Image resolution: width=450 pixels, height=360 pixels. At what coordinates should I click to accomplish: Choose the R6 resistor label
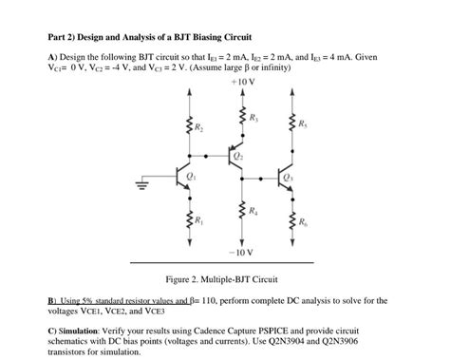coord(302,221)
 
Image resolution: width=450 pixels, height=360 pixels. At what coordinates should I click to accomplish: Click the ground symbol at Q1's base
coord(147,187)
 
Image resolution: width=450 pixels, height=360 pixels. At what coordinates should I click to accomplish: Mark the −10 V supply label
coord(241,253)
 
